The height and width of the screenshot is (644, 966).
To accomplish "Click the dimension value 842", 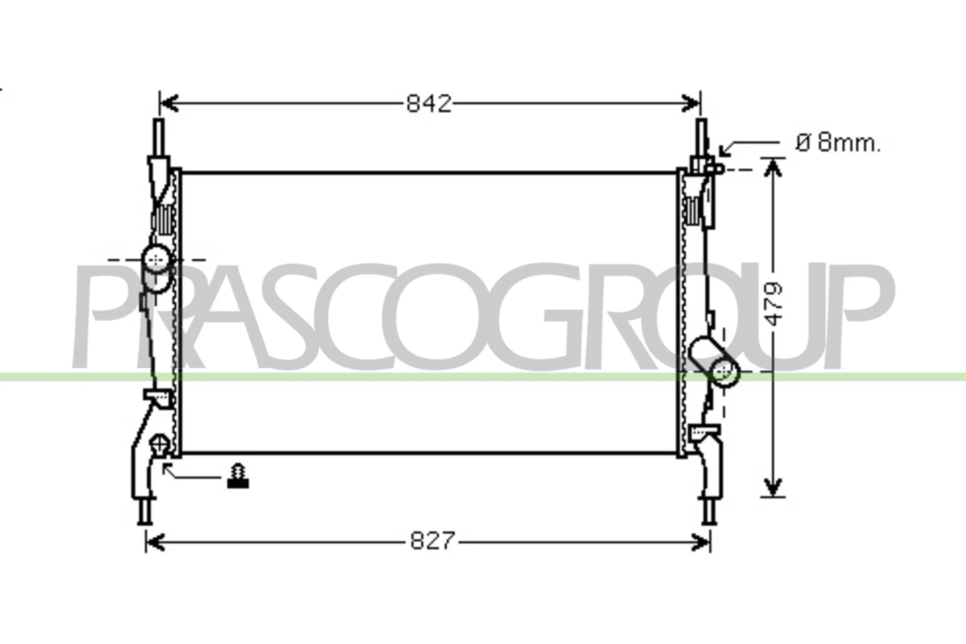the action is [x=429, y=104].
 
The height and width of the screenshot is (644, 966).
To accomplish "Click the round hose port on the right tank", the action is [x=725, y=372].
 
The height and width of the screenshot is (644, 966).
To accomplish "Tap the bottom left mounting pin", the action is [x=144, y=511].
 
